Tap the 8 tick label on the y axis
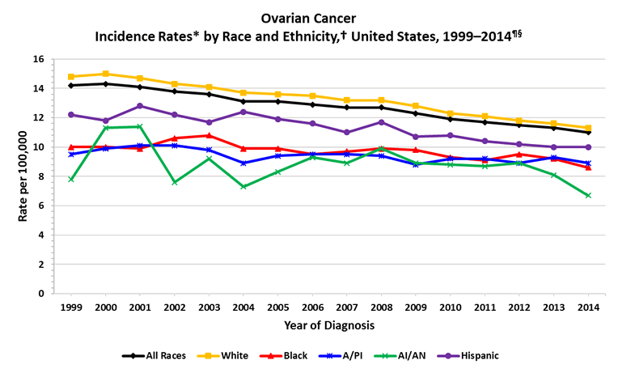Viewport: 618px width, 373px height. [40, 176]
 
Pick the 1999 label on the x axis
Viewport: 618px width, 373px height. [71, 307]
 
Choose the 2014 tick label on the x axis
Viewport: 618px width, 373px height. [588, 307]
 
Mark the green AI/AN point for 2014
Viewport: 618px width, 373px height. [588, 195]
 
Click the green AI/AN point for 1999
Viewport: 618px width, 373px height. [71, 179]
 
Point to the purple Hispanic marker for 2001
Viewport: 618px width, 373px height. [140, 106]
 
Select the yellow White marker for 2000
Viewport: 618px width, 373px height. [106, 74]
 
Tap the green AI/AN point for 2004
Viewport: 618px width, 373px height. [243, 186]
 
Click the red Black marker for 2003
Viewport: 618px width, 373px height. [209, 135]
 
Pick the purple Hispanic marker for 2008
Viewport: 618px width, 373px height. [381, 122]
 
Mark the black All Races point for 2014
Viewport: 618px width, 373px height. [588, 132]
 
